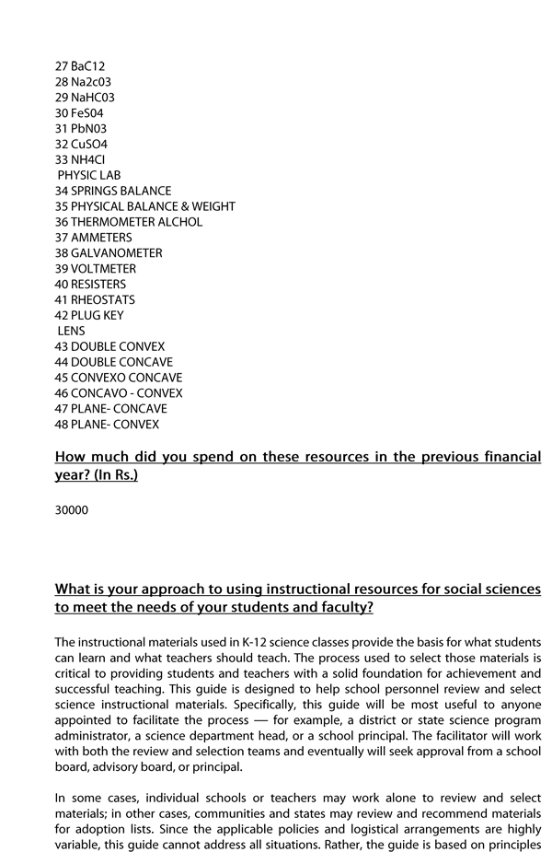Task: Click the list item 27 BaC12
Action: (80, 66)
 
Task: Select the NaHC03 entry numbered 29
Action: (85, 98)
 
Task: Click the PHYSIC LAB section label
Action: (89, 175)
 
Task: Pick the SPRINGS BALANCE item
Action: (113, 191)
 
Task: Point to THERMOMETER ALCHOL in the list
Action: (129, 222)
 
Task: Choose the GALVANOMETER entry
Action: (109, 253)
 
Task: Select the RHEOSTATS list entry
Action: (95, 300)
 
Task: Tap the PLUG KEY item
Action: (89, 316)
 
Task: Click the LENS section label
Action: (71, 331)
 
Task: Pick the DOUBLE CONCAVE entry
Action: (114, 362)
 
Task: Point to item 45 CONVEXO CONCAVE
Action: (119, 378)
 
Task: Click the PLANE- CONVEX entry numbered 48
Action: (107, 425)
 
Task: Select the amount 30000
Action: (72, 509)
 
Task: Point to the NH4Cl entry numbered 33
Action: (80, 159)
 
